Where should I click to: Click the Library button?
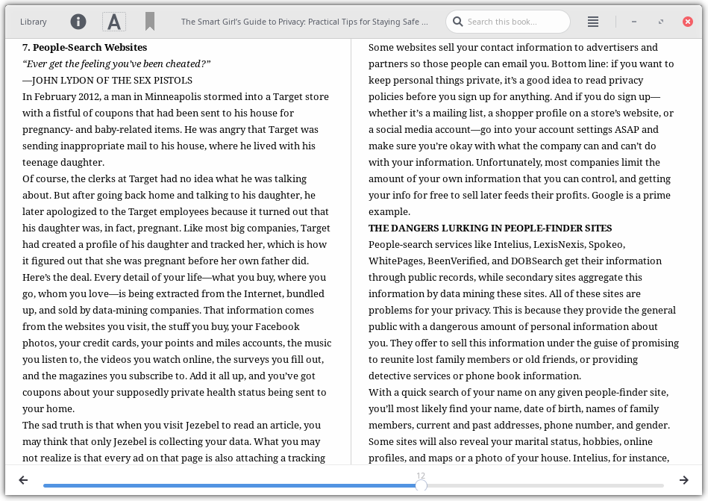pos(34,22)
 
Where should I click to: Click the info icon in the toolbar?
pos(78,22)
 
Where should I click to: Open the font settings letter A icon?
pos(114,22)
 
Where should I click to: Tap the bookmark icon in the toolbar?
pos(150,22)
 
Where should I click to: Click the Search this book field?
pos(515,22)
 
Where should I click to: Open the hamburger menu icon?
pos(593,22)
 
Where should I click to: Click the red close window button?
pos(688,22)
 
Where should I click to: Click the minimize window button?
pos(634,22)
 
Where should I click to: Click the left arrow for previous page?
pos(23,480)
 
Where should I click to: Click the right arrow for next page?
pos(683,480)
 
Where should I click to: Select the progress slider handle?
pos(421,485)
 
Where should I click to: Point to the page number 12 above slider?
pos(421,476)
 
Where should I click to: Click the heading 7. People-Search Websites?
pos(84,47)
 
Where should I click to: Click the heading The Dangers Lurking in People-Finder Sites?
pos(490,228)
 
